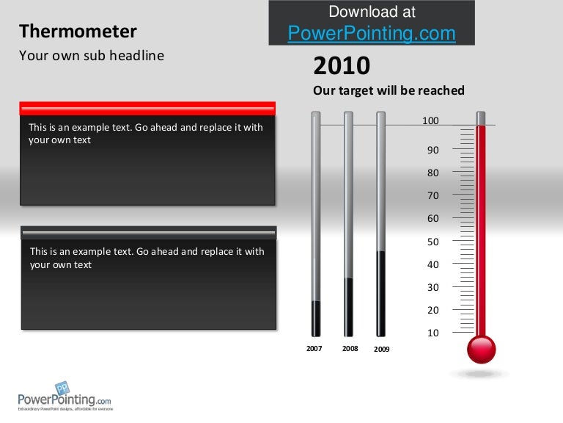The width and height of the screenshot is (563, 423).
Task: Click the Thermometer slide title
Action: tap(78, 32)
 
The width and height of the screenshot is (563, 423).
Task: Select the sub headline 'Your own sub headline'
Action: tap(91, 55)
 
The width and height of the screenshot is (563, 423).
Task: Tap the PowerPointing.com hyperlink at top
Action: tap(372, 33)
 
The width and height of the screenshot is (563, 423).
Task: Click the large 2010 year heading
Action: tap(342, 66)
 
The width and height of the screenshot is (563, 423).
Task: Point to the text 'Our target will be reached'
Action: tap(389, 90)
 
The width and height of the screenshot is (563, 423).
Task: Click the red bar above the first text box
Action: tap(147, 108)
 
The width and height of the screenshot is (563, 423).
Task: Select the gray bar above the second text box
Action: tap(149, 233)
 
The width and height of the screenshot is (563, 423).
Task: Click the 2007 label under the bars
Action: tap(314, 349)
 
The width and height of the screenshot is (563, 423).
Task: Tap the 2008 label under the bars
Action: tap(350, 349)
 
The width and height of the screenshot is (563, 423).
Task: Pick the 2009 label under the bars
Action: tap(382, 350)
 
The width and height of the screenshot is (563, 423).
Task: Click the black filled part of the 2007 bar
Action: tap(316, 318)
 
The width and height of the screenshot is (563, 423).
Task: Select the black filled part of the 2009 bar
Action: tap(381, 294)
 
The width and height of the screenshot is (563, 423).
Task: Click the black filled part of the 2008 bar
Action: tap(349, 307)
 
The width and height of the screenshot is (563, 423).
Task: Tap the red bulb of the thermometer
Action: tap(482, 349)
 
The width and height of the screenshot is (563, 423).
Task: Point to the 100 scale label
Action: tap(430, 120)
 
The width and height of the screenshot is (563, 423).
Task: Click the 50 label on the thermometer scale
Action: tap(433, 242)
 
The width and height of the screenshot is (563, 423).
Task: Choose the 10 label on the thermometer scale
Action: tap(433, 333)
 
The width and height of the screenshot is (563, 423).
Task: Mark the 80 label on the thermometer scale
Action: tap(433, 173)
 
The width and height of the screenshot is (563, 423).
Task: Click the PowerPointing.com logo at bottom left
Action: tap(65, 397)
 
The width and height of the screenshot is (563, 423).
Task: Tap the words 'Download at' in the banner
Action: tap(372, 12)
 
